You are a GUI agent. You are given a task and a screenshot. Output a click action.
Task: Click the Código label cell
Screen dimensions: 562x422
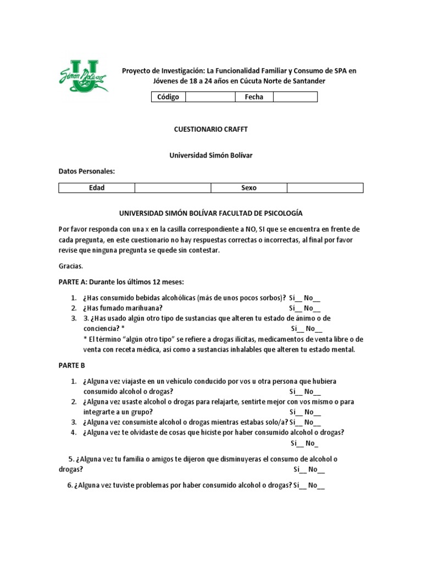(x=168, y=97)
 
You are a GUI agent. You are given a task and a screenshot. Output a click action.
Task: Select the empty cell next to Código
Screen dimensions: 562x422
(x=210, y=97)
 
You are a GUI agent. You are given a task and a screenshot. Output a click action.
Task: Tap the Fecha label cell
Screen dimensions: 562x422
(x=254, y=97)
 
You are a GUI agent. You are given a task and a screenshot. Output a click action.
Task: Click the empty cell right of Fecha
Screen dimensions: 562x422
(x=295, y=97)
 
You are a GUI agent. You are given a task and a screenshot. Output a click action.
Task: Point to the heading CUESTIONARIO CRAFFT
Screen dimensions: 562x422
(x=211, y=129)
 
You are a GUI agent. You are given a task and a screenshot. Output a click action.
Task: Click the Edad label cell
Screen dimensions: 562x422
(x=97, y=188)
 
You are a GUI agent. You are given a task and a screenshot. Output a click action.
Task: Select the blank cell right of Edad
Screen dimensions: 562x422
(x=173, y=188)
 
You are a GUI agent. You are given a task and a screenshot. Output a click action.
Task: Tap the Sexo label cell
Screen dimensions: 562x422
(x=249, y=188)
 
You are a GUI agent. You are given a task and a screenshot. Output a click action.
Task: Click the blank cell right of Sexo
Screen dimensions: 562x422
(x=325, y=188)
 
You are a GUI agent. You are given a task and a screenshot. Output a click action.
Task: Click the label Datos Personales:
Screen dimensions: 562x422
(x=87, y=171)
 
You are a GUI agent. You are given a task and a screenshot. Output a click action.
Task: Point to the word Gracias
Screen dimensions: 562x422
(x=70, y=266)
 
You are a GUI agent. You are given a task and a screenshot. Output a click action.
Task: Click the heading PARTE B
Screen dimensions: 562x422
(x=72, y=364)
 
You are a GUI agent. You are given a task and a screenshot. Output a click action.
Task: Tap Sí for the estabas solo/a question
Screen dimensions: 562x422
(x=295, y=422)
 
